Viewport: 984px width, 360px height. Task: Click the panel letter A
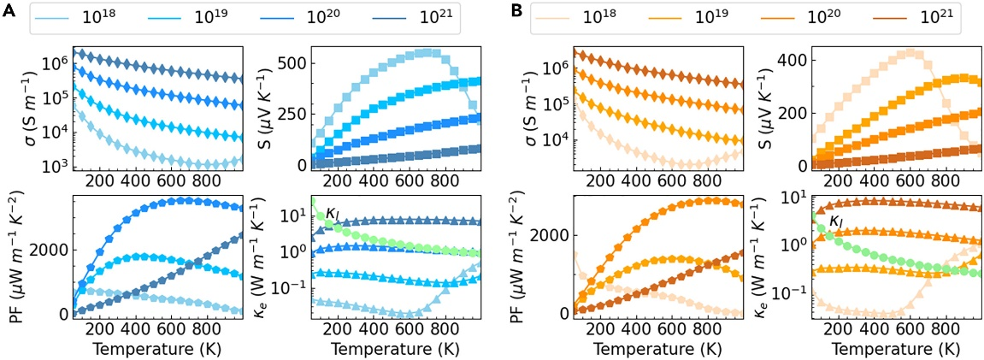point(8,14)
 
